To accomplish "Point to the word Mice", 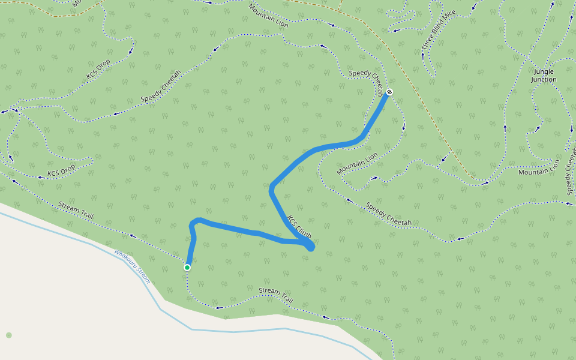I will (x=449, y=17).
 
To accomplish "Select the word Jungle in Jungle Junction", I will (x=544, y=71).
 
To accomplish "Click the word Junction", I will (x=544, y=79).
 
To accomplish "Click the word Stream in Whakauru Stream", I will (x=143, y=277).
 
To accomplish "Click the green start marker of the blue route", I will (x=187, y=268).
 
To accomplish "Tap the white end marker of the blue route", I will (x=389, y=92).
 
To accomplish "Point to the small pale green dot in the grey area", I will (x=8, y=335).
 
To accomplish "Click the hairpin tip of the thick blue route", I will (x=311, y=247).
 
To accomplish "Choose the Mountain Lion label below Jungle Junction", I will (x=538, y=172).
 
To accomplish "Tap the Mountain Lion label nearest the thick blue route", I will (x=358, y=163).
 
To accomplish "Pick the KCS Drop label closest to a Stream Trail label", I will (x=62, y=170).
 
